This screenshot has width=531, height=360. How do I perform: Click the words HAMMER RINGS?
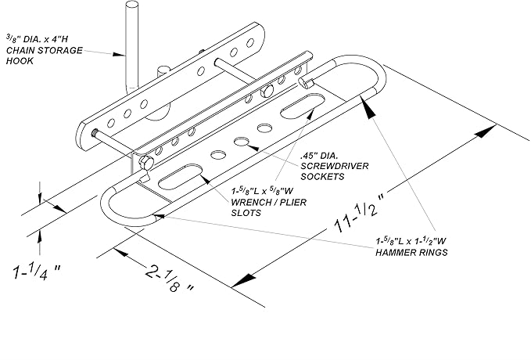411,253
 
